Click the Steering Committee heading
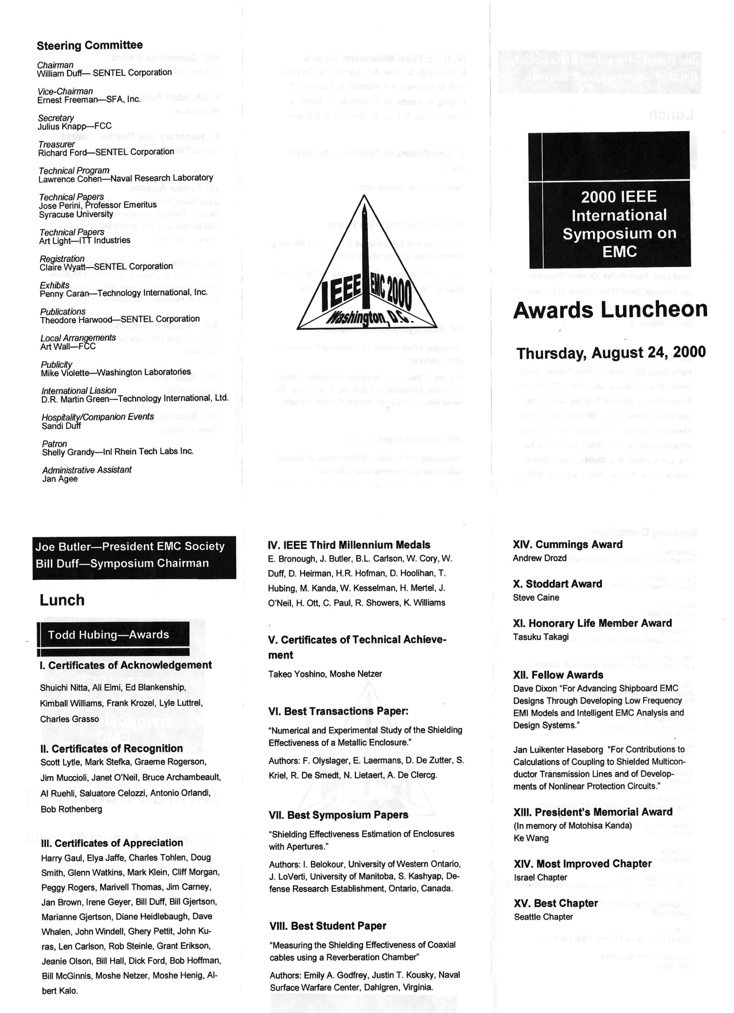click(89, 46)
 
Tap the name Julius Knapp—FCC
click(74, 126)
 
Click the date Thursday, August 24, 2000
click(611, 353)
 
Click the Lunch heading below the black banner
click(62, 600)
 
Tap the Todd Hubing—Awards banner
click(108, 635)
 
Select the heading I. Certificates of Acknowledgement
click(126, 665)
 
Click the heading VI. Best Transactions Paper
click(338, 711)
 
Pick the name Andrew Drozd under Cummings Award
click(539, 558)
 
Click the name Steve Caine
click(536, 598)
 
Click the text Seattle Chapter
click(543, 917)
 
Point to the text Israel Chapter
click(540, 878)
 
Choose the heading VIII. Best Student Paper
click(328, 926)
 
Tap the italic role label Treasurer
click(56, 144)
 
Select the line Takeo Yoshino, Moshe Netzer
click(325, 674)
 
